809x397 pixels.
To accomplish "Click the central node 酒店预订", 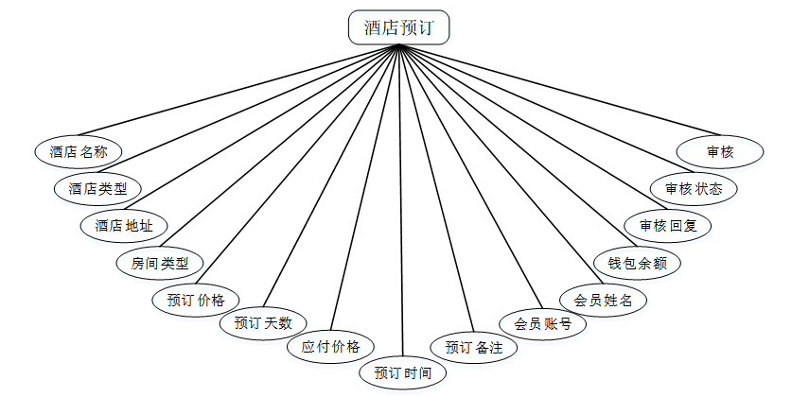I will click(398, 27).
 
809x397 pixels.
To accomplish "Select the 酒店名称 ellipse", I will click(79, 151).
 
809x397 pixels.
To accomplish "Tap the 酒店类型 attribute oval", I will click(97, 188).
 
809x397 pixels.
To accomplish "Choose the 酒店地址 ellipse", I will click(124, 226).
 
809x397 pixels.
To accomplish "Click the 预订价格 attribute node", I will click(196, 301).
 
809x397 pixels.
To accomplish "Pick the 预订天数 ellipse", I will click(263, 323).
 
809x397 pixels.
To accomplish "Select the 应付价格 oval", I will click(331, 346).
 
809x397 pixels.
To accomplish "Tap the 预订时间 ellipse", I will click(403, 372).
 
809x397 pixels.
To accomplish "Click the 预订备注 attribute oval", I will click(474, 347).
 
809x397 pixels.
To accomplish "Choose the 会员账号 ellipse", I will click(543, 324).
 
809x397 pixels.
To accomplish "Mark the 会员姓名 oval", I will click(604, 301).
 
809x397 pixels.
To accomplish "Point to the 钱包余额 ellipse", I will click(637, 263).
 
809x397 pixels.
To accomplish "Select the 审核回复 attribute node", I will click(668, 226).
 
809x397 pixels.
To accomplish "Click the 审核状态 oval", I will click(694, 188).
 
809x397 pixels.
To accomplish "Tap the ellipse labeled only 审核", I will click(720, 151).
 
